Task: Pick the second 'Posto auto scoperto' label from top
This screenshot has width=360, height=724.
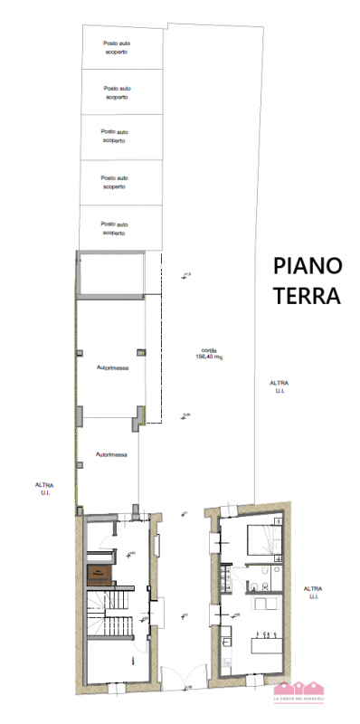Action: pos(115,91)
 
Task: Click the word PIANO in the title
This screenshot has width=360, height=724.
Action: pos(308,266)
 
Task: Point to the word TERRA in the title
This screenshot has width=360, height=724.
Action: pos(308,295)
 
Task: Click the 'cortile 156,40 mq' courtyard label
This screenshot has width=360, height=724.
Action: pos(209,354)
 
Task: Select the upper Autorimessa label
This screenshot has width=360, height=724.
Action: pos(111,367)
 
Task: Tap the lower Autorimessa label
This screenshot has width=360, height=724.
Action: pos(111,455)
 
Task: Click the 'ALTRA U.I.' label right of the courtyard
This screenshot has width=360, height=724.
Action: pos(279,386)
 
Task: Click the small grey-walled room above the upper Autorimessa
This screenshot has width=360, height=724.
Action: pos(111,274)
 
